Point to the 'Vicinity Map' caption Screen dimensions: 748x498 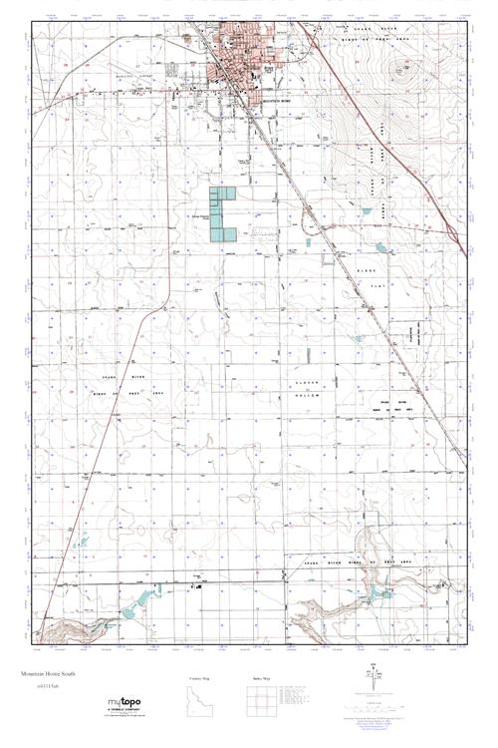(200, 679)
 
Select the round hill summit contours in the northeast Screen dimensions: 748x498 (402, 70)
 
